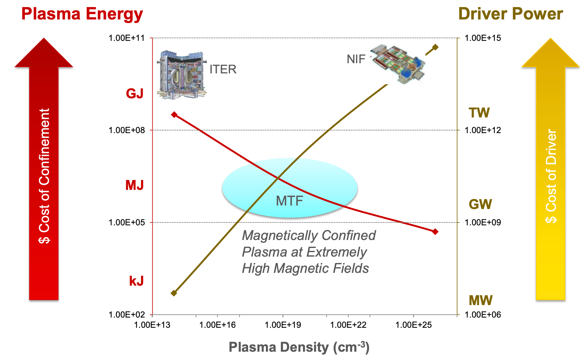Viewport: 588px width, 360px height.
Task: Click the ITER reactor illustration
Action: click(181, 75)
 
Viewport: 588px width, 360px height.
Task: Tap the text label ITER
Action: click(223, 69)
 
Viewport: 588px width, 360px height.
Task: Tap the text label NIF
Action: click(356, 59)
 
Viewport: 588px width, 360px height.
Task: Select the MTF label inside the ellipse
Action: click(289, 201)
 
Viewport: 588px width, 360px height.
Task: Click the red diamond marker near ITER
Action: click(174, 115)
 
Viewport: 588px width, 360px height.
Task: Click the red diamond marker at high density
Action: click(435, 231)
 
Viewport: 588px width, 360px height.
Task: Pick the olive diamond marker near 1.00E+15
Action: click(435, 47)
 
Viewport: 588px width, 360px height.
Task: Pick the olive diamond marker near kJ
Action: click(174, 293)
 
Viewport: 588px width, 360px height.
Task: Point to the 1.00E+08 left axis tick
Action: click(127, 130)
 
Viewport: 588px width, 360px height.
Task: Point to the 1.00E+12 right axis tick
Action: click(483, 130)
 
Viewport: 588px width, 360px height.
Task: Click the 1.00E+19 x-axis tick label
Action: click(283, 325)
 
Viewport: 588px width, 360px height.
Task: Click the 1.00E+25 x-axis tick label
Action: click(413, 325)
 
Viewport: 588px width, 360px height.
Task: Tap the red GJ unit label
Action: click(134, 94)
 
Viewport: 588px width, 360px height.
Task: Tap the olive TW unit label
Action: click(479, 113)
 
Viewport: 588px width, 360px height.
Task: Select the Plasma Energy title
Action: click(82, 14)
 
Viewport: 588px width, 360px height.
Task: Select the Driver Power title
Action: click(510, 14)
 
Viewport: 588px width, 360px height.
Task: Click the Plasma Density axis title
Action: click(299, 347)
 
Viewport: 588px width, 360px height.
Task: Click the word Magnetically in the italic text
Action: click(275, 236)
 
